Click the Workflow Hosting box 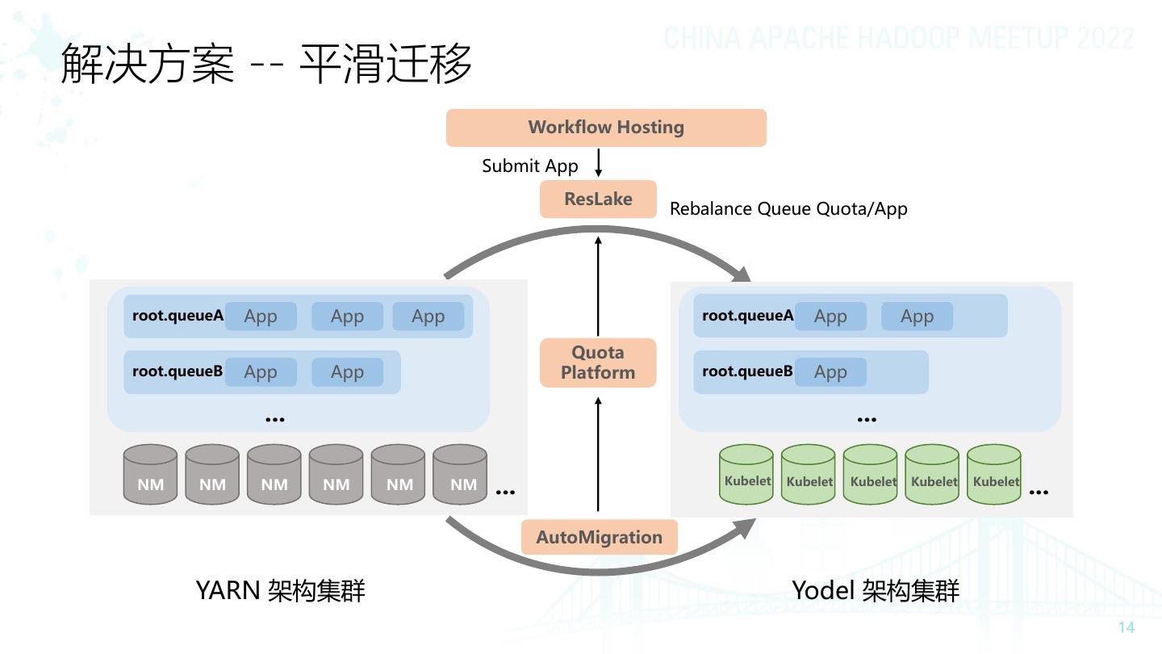tap(606, 128)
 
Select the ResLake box tap(598, 199)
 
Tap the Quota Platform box tap(598, 363)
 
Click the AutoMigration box tap(599, 537)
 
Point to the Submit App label tap(529, 166)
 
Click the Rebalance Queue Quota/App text tap(788, 208)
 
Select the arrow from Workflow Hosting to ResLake tap(598, 163)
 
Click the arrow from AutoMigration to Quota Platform tap(598, 454)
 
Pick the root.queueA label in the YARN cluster tap(178, 316)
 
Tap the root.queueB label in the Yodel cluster tap(747, 371)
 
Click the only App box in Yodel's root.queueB tap(830, 371)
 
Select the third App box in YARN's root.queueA tap(428, 317)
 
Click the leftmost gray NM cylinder tap(150, 474)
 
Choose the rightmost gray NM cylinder tap(460, 474)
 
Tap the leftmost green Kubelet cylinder tap(746, 474)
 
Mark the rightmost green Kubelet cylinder tap(994, 474)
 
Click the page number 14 tap(1126, 627)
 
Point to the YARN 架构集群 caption tap(281, 591)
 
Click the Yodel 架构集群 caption tap(876, 591)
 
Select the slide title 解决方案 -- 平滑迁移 tap(266, 63)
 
